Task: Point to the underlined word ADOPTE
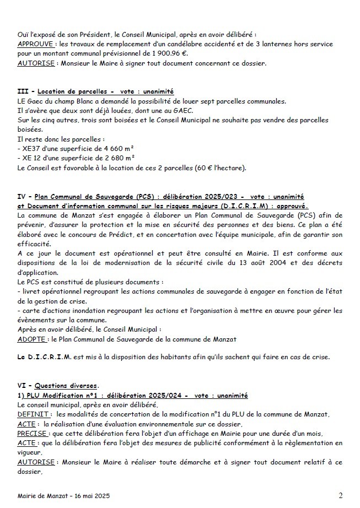pyautogui.click(x=32, y=340)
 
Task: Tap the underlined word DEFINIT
pyautogui.click(x=34, y=414)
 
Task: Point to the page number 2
pyautogui.click(x=340, y=496)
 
